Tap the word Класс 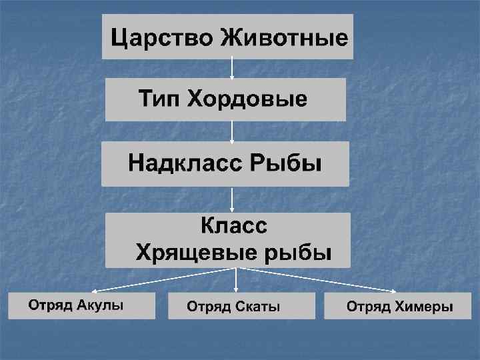[234, 226]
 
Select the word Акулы [100, 305]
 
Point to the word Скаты [257, 307]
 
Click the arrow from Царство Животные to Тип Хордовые [231, 68]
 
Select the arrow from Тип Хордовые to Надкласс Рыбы [231, 131]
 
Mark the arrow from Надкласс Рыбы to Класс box [231, 199]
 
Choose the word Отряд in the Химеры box [368, 307]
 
